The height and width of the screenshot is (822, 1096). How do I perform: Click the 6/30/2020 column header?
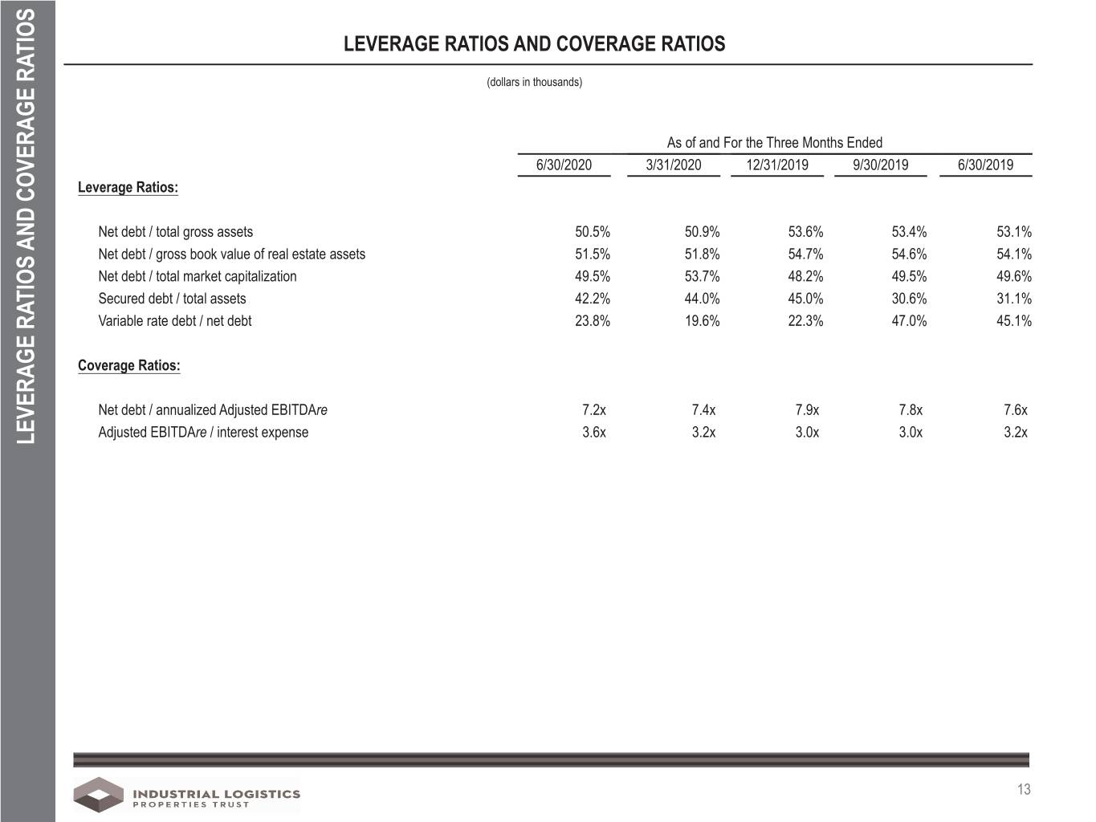pyautogui.click(x=564, y=165)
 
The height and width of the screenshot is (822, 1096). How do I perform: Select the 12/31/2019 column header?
pyautogui.click(x=777, y=165)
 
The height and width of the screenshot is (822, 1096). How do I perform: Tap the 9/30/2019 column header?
pyautogui.click(x=880, y=165)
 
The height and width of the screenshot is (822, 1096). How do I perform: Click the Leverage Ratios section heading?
pyautogui.click(x=128, y=187)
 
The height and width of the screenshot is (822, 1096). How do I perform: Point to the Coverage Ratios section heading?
pyautogui.click(x=128, y=365)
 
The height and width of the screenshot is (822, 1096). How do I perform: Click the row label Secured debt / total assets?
pyautogui.click(x=173, y=299)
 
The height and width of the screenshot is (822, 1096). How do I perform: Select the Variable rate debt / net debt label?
pyautogui.click(x=175, y=320)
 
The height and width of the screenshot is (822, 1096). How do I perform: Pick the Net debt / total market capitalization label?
pyautogui.click(x=198, y=276)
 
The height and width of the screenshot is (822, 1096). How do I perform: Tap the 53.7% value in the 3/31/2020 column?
pyautogui.click(x=702, y=276)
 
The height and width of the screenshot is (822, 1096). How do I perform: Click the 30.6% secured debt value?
pyautogui.click(x=909, y=299)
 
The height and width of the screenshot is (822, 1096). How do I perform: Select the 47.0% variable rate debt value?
pyautogui.click(x=909, y=320)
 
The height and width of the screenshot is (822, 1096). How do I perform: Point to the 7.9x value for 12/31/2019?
pyautogui.click(x=807, y=409)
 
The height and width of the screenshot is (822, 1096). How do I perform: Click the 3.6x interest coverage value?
pyautogui.click(x=593, y=432)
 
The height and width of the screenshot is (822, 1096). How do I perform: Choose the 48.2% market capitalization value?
pyautogui.click(x=805, y=276)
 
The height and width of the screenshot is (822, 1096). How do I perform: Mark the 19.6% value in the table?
pyautogui.click(x=702, y=320)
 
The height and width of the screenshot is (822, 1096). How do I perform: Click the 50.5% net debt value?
pyautogui.click(x=593, y=231)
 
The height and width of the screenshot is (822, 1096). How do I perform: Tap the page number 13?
pyautogui.click(x=1024, y=789)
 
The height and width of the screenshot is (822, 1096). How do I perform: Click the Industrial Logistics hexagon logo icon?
pyautogui.click(x=99, y=795)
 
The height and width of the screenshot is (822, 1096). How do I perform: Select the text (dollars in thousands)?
pyautogui.click(x=534, y=82)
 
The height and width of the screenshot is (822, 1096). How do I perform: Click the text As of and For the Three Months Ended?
pyautogui.click(x=775, y=143)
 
